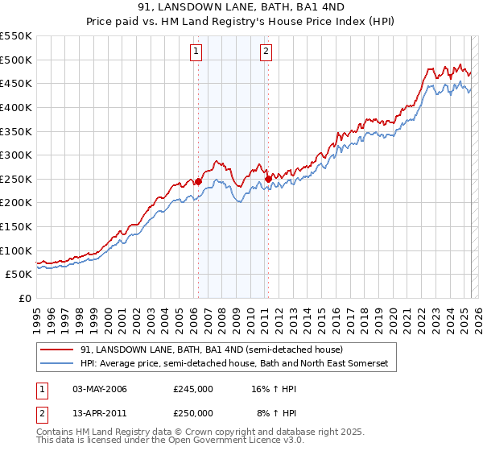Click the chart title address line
point(242,7)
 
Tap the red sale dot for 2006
point(199,181)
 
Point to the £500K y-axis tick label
point(16,60)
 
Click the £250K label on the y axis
point(16,179)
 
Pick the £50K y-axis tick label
point(19,275)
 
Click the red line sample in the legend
point(57,350)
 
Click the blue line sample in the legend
point(57,364)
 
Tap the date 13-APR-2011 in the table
point(100,413)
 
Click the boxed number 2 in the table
point(43,413)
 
